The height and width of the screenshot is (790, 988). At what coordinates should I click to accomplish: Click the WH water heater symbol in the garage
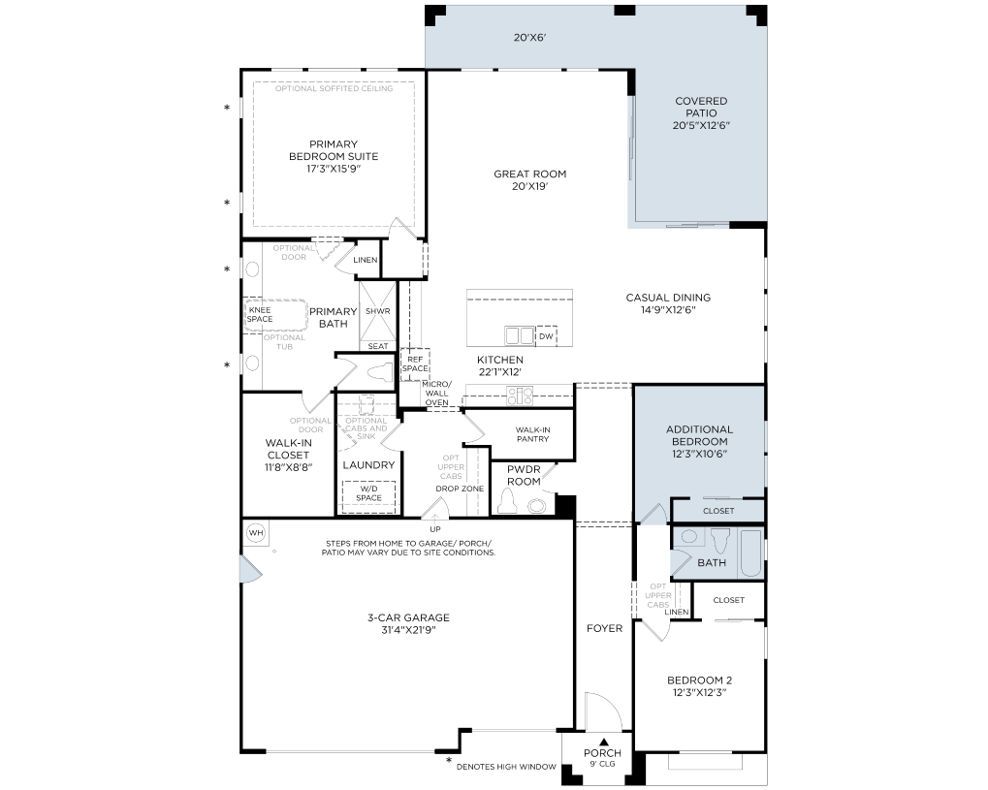coord(256,533)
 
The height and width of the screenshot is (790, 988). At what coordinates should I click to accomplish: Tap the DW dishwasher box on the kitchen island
coord(546,336)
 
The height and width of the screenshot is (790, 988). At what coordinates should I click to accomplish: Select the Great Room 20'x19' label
coord(530,179)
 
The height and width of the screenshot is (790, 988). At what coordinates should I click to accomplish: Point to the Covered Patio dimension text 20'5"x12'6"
coord(701,125)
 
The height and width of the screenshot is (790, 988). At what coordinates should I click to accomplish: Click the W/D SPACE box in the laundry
coord(368,493)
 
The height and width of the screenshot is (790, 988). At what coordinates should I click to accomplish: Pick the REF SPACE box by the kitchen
coord(415,364)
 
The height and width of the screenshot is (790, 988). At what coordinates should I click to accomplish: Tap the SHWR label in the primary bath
coord(378,311)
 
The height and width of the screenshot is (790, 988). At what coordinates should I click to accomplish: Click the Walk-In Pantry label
coord(532,434)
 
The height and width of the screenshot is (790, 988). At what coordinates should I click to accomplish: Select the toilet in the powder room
coord(507,501)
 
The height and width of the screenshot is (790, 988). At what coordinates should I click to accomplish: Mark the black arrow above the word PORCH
coord(604,743)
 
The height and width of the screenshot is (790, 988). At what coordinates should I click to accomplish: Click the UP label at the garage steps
coord(435,529)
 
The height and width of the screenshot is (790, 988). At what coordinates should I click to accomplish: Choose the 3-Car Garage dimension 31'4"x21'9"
coord(409,630)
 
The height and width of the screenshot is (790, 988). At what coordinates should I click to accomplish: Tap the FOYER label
coord(604,628)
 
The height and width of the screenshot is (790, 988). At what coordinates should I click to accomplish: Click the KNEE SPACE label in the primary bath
coord(260,314)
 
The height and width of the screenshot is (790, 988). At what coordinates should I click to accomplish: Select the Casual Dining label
coord(668,298)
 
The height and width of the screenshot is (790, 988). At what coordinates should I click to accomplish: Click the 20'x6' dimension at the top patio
coord(529,37)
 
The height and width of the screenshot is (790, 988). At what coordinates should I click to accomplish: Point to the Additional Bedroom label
coord(699,435)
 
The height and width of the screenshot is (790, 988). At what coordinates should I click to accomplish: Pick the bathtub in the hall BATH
coord(751,553)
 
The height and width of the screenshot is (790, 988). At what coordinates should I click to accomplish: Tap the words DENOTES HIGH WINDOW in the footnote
coord(506,767)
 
